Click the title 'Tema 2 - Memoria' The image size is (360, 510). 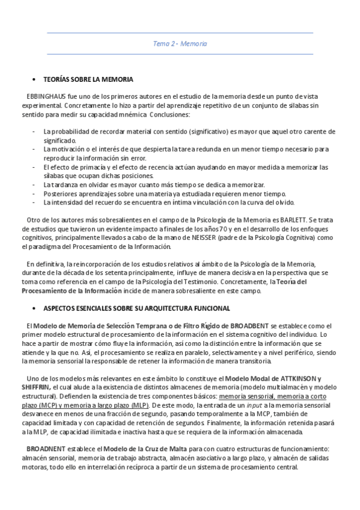[x=180, y=44]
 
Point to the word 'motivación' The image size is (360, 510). [x=68, y=149]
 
